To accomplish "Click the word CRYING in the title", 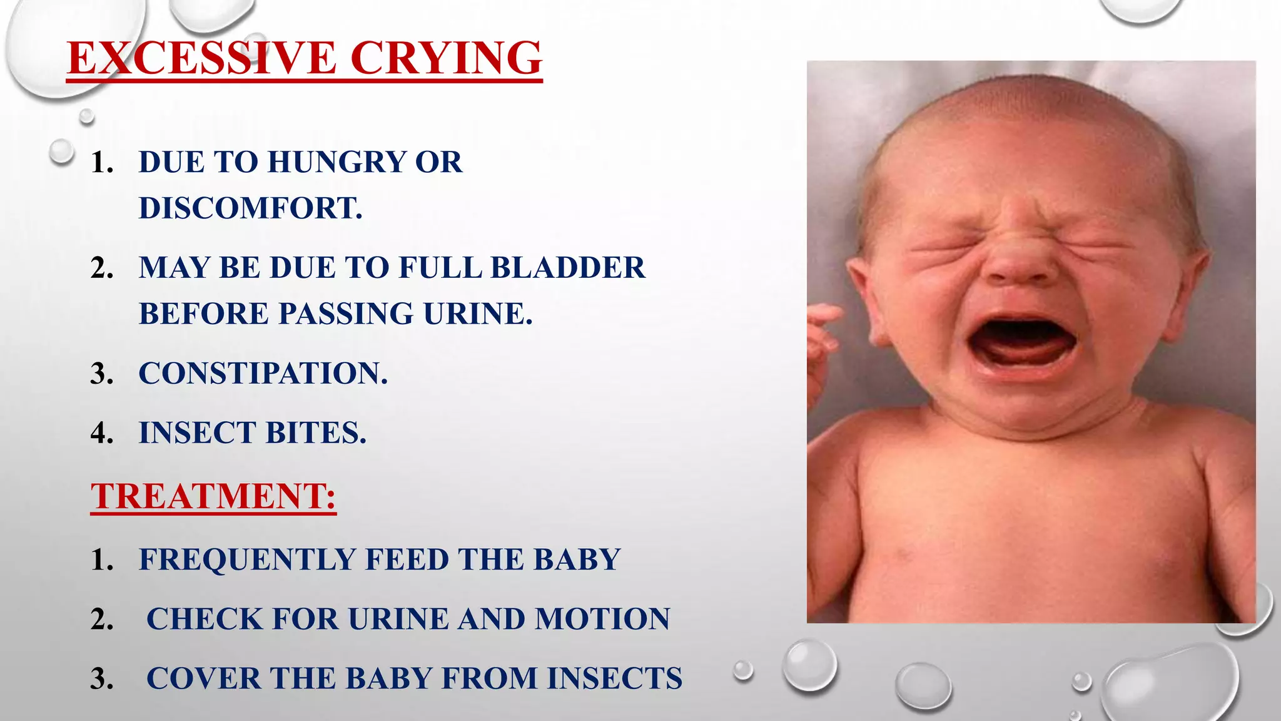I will (446, 58).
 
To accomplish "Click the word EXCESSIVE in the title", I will (202, 58).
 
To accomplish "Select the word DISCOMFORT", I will (250, 208).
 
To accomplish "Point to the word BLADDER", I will (567, 268).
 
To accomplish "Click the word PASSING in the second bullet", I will (346, 314).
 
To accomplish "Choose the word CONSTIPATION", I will (263, 373).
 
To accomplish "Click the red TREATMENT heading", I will (213, 496).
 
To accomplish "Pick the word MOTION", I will (602, 619).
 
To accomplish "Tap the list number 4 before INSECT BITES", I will (101, 433).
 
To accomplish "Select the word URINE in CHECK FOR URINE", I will (398, 619).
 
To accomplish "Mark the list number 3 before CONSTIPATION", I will (101, 374).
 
